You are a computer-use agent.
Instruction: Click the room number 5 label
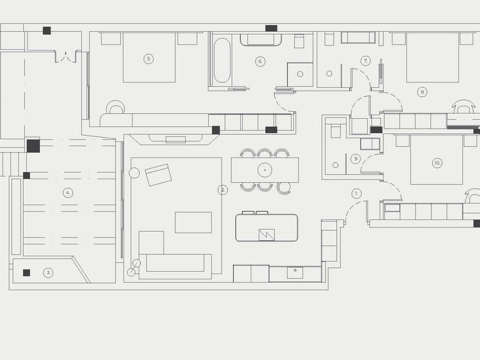pyautogui.click(x=149, y=59)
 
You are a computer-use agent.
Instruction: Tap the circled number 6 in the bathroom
pyautogui.click(x=260, y=61)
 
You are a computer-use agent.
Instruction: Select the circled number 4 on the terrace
pyautogui.click(x=68, y=193)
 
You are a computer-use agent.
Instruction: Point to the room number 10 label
pyautogui.click(x=437, y=163)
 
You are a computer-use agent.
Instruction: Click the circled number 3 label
pyautogui.click(x=48, y=272)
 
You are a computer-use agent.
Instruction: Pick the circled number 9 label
pyautogui.click(x=356, y=159)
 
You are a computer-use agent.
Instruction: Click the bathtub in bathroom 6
pyautogui.click(x=222, y=60)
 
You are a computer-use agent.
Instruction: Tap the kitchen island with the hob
pyautogui.click(x=267, y=227)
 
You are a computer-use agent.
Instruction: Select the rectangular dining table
pyautogui.click(x=265, y=170)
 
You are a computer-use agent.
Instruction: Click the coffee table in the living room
pyautogui.click(x=193, y=222)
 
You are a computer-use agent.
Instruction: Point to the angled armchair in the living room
pyautogui.click(x=158, y=175)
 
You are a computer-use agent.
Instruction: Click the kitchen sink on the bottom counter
pyautogui.click(x=295, y=272)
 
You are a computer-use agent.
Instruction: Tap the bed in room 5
pyautogui.click(x=149, y=57)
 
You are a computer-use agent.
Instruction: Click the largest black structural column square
pyautogui.click(x=33, y=146)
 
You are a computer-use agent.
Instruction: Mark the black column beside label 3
pyautogui.click(x=27, y=272)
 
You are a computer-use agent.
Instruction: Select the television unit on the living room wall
pyautogui.click(x=175, y=139)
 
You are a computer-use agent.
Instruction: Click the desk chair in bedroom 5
pyautogui.click(x=116, y=107)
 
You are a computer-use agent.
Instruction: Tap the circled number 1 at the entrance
pyautogui.click(x=356, y=194)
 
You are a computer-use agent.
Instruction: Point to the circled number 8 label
pyautogui.click(x=422, y=92)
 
